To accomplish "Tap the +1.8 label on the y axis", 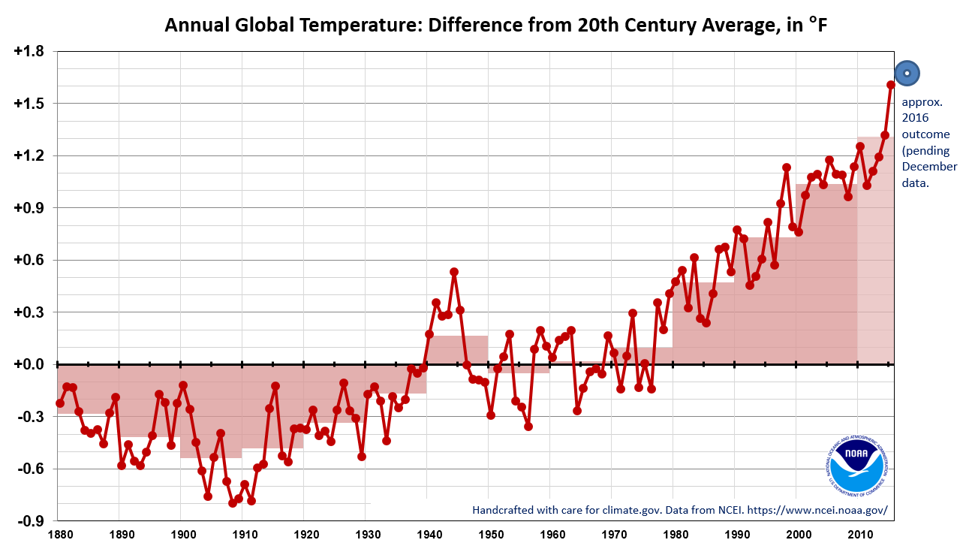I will [29, 52].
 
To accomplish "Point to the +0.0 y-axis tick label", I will [29, 364].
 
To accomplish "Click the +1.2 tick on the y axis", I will [29, 155].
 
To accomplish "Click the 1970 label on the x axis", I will [611, 535].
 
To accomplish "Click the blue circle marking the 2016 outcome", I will [907, 73].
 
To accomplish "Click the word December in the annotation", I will [929, 167].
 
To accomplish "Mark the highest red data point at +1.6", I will [891, 85].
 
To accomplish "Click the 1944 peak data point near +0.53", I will [454, 272].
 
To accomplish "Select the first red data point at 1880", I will [60, 403].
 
